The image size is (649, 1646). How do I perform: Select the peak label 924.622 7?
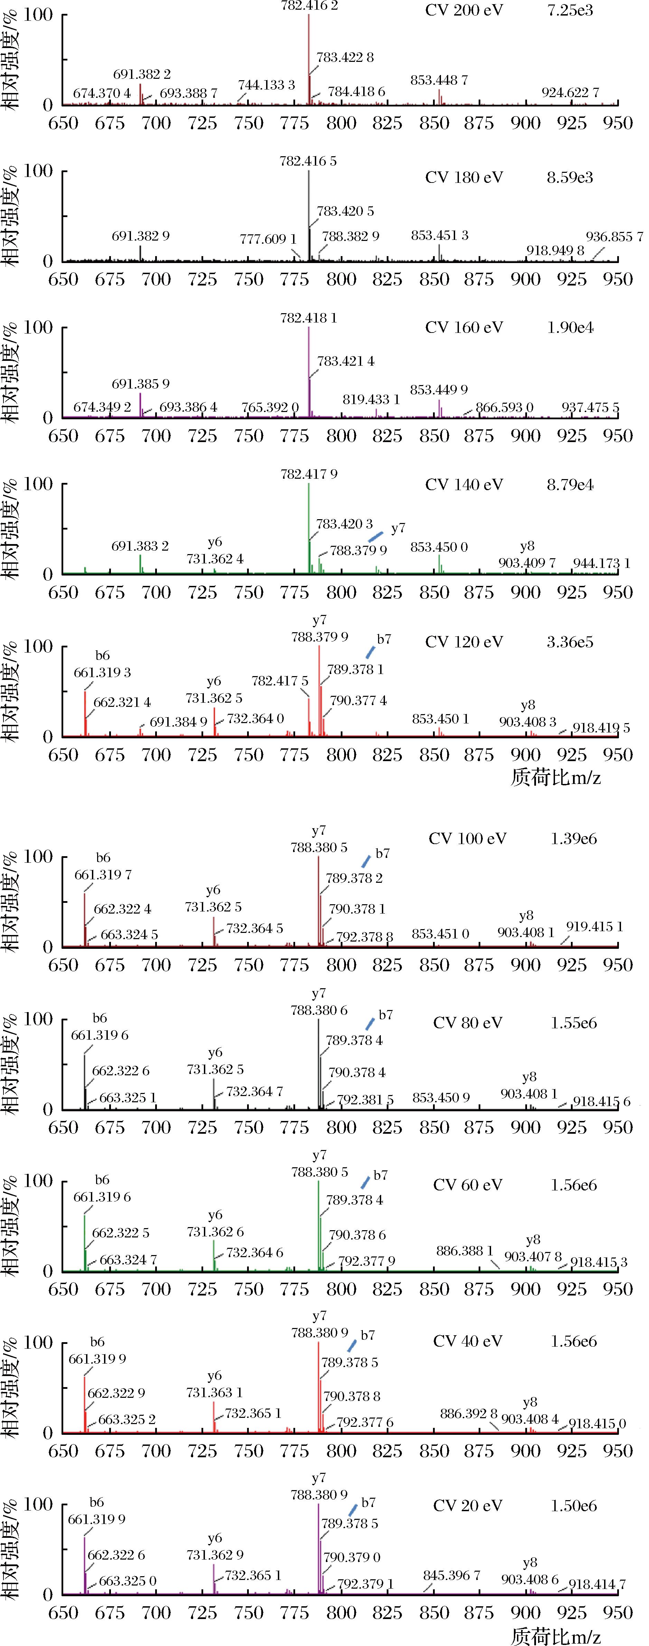[571, 93]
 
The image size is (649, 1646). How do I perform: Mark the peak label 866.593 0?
[505, 407]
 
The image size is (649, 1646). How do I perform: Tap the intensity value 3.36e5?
[570, 642]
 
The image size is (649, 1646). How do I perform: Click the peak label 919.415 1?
[594, 926]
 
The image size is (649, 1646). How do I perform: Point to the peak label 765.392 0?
[270, 407]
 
